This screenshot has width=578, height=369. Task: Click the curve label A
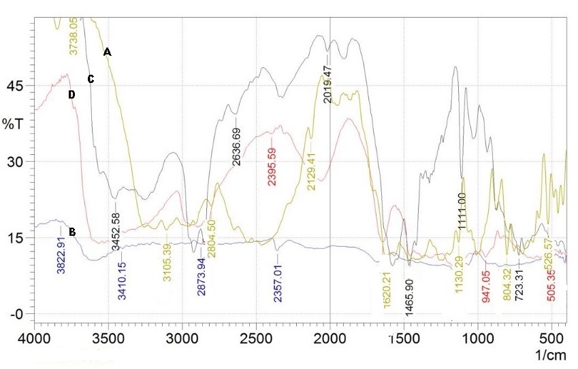107,52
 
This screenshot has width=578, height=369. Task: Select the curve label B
72,232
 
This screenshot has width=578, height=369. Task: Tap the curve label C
91,80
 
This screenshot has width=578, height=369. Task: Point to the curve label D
71,95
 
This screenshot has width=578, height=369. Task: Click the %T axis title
12,124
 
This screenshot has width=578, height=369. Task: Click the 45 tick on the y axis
15,86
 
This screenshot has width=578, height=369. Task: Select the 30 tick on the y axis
15,162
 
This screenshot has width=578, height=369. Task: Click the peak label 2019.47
327,83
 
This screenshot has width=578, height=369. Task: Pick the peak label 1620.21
387,289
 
